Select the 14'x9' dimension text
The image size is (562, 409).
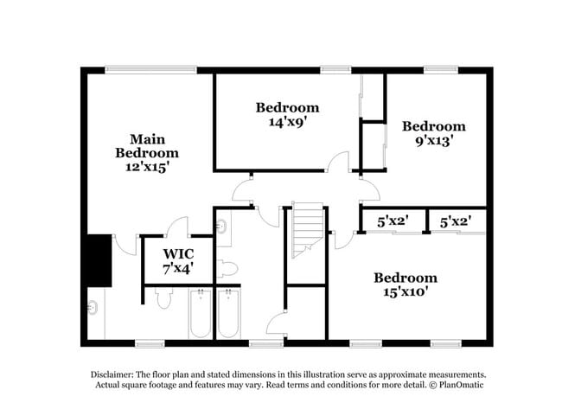point(287,122)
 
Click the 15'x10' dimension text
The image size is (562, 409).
point(405,292)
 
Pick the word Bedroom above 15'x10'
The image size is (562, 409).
point(405,278)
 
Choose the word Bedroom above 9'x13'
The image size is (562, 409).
point(434,126)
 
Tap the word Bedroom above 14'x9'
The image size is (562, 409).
point(287,108)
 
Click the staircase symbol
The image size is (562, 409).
point(306,229)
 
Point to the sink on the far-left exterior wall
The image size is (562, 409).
point(92,308)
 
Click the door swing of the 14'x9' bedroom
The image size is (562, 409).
point(338,162)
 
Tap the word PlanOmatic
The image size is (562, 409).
point(465,384)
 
